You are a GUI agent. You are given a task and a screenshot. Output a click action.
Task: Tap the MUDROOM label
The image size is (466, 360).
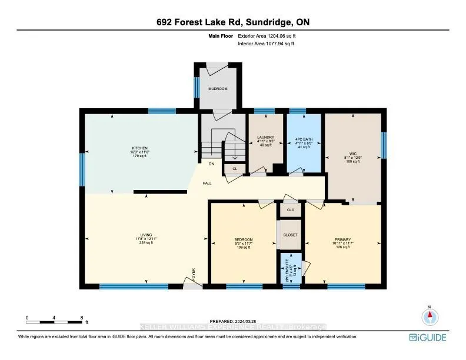pyautogui.click(x=217, y=89)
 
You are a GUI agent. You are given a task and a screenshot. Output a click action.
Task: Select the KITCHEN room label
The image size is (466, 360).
pyautogui.click(x=139, y=148)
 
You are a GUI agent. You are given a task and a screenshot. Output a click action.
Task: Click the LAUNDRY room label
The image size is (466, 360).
pyautogui.click(x=265, y=138)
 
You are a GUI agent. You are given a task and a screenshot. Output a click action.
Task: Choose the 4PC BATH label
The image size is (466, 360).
pyautogui.click(x=304, y=139)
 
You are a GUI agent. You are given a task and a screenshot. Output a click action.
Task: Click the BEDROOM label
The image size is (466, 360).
pyautogui.click(x=243, y=239)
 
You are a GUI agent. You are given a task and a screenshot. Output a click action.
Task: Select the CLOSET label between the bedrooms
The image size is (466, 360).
pyautogui.click(x=289, y=235)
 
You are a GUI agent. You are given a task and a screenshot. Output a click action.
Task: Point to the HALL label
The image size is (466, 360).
pyautogui.click(x=207, y=183)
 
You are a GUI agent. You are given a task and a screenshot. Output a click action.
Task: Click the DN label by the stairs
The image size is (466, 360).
pyautogui.click(x=211, y=164)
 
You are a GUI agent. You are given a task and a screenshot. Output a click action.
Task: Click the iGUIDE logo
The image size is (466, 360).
pyautogui.click(x=428, y=337)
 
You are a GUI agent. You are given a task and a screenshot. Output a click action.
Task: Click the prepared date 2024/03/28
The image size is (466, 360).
pyautogui.click(x=233, y=321)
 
